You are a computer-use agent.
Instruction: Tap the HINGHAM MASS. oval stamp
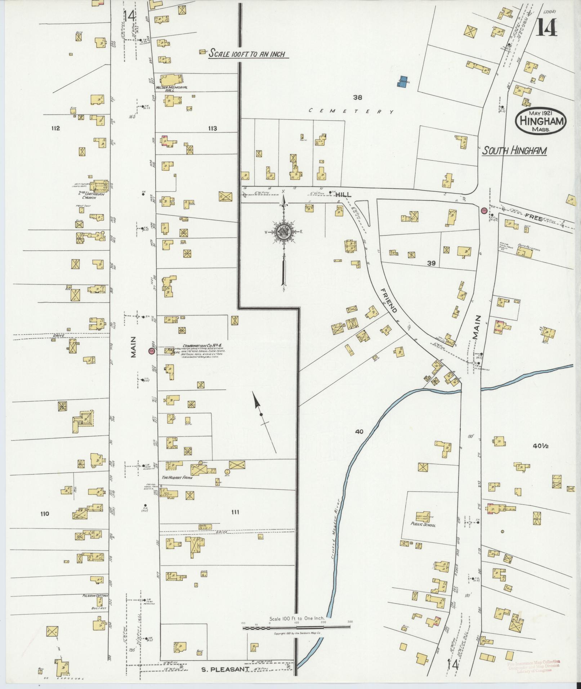click(541, 122)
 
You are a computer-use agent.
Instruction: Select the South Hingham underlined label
click(514, 151)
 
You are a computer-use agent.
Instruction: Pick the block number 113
click(212, 128)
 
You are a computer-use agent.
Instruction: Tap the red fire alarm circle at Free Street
click(484, 210)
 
